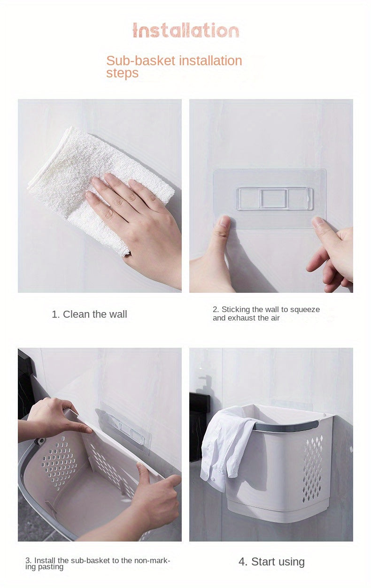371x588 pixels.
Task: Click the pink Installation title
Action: (x=186, y=31)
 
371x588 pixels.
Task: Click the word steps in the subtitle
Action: (x=122, y=73)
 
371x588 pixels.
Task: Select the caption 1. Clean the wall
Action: (x=89, y=314)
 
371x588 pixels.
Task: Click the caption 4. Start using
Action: (x=271, y=562)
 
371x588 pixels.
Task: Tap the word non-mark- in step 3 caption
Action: (x=153, y=561)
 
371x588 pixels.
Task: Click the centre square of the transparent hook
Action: (x=273, y=199)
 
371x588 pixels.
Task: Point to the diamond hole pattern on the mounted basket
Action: (x=312, y=469)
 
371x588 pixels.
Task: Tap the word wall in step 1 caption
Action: (x=118, y=314)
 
